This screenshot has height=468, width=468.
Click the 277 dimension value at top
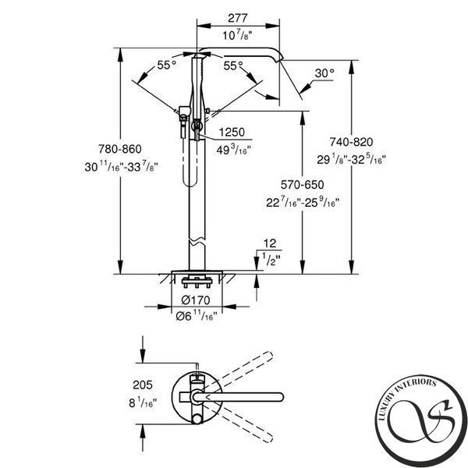pyautogui.click(x=238, y=18)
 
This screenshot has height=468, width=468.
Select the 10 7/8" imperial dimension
pyautogui.click(x=238, y=36)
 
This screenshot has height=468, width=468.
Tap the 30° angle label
pyautogui.click(x=324, y=73)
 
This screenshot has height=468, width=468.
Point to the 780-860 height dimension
pyautogui.click(x=120, y=149)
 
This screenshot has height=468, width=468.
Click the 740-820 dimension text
pyautogui.click(x=351, y=142)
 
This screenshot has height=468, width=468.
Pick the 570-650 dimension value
pyautogui.click(x=303, y=185)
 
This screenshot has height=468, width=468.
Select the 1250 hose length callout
pyautogui.click(x=232, y=132)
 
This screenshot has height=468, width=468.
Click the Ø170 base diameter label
pyautogui.click(x=196, y=300)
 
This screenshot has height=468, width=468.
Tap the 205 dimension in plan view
pyautogui.click(x=143, y=385)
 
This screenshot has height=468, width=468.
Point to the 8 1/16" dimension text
pyautogui.click(x=143, y=402)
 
